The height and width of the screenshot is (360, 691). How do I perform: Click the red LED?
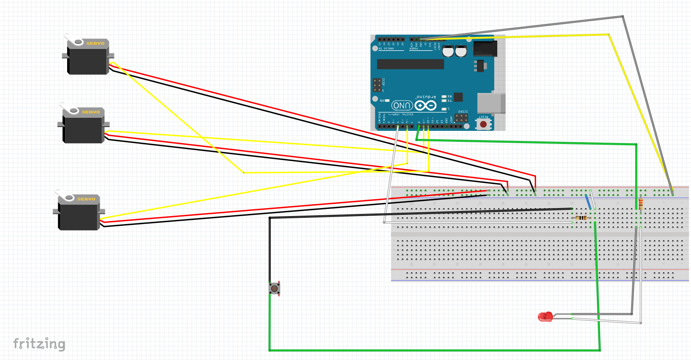pyautogui.click(x=545, y=317)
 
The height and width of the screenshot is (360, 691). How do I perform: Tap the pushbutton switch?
pyautogui.click(x=274, y=289)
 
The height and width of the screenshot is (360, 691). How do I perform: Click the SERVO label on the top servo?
pyautogui.click(x=95, y=43)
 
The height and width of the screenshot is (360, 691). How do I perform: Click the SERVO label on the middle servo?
pyautogui.click(x=91, y=112)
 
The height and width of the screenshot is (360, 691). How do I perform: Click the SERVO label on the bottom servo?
pyautogui.click(x=86, y=199)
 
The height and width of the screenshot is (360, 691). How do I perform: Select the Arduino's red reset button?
pyautogui.click(x=483, y=124)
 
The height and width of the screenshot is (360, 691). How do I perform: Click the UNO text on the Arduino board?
pyautogui.click(x=402, y=106)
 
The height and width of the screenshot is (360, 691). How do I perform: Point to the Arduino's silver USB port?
pyautogui.click(x=491, y=103)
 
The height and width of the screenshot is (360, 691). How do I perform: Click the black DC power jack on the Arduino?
pyautogui.click(x=485, y=48)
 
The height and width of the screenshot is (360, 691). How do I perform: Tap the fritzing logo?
pyautogui.click(x=39, y=344)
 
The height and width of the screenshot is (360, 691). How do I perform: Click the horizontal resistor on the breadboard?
pyautogui.click(x=581, y=218)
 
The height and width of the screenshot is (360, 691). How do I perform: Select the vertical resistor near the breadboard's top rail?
pyautogui.click(x=641, y=204)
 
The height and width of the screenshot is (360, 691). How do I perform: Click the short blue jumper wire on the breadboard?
pyautogui.click(x=588, y=202)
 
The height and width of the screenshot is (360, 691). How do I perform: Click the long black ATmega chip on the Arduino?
pyautogui.click(x=410, y=64)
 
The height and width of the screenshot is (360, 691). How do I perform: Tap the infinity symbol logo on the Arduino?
pyautogui.click(x=425, y=105)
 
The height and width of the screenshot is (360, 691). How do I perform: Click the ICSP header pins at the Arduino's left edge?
pyautogui.click(x=377, y=85)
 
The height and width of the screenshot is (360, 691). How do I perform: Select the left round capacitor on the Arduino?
pyautogui.click(x=448, y=52)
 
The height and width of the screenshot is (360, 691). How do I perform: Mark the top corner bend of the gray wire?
pyautogui.click(x=623, y=17)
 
